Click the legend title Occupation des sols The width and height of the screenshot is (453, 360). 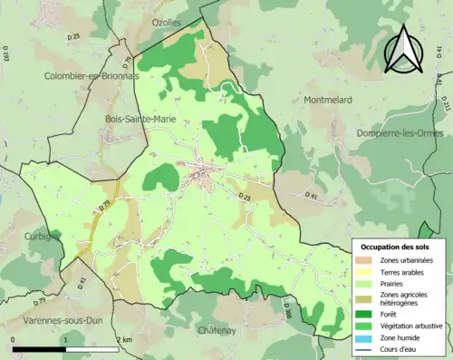397,248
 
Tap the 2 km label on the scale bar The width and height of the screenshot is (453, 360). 124,340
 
